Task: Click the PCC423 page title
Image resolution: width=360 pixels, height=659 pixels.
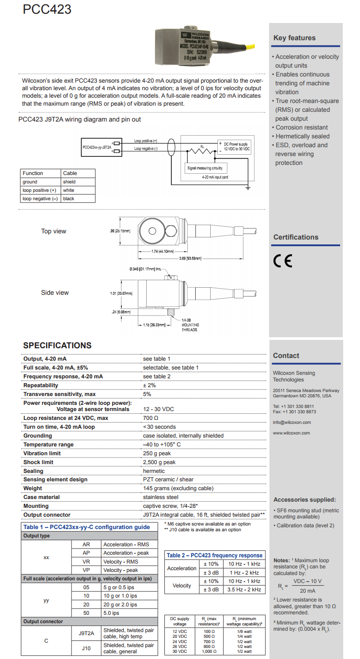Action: tap(47, 10)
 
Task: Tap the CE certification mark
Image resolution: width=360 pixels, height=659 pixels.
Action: tap(283, 261)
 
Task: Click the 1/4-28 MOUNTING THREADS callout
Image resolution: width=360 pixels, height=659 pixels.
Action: tap(189, 325)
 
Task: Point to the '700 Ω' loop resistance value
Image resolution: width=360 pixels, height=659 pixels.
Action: tap(151, 418)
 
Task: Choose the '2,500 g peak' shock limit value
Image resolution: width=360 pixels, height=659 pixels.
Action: tap(159, 462)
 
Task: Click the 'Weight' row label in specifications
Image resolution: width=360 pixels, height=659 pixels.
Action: tap(33, 488)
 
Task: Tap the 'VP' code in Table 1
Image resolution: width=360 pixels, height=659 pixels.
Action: tap(86, 570)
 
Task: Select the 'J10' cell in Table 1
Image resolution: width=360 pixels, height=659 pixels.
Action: tap(86, 648)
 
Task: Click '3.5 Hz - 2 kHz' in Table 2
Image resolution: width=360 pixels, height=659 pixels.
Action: tap(244, 590)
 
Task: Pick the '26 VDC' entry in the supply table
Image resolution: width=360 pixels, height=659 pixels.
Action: tap(180, 647)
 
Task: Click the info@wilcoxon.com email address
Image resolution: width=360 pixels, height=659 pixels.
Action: tap(292, 423)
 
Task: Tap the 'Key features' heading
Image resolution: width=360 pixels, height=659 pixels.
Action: tap(294, 38)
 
